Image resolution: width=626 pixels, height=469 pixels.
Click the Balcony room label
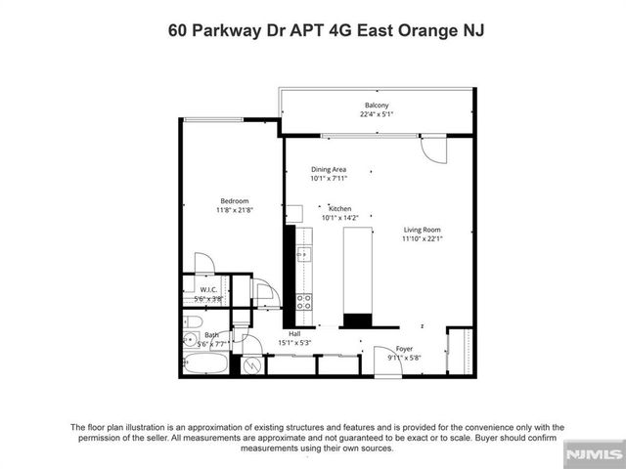coord(377,106)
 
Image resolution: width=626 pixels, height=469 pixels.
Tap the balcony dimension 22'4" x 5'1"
coord(377,115)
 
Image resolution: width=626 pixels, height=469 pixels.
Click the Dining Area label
coord(329,169)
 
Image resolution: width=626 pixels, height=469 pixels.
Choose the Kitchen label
coord(339,208)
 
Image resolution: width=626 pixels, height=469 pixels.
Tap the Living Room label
coord(424,230)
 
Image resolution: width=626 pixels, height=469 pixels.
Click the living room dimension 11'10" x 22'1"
coord(424,239)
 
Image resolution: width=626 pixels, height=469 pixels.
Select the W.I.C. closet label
coord(208,288)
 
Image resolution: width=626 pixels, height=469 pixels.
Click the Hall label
coord(293,333)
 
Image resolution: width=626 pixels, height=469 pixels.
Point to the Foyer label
coord(404,349)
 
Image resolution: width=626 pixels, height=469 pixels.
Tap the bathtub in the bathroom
coord(204,365)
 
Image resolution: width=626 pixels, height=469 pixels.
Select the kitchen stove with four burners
coord(304,300)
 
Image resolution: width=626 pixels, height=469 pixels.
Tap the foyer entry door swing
coord(382,357)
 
